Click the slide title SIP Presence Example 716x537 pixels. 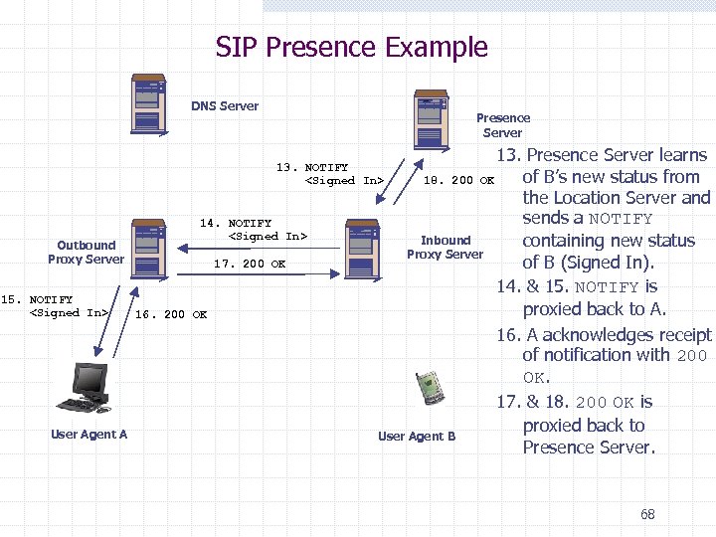pyautogui.click(x=352, y=47)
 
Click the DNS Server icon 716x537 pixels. pyautogui.click(x=148, y=103)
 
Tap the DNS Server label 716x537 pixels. pyautogui.click(x=225, y=106)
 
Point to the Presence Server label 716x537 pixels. pyautogui.click(x=502, y=125)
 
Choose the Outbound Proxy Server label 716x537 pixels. pyautogui.click(x=86, y=252)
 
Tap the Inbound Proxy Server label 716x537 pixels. pyautogui.click(x=445, y=247)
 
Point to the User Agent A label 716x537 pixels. pyautogui.click(x=89, y=435)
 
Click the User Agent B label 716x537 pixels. pyautogui.click(x=417, y=436)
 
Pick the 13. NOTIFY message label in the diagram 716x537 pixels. pyautogui.click(x=330, y=174)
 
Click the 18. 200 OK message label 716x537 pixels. pyautogui.click(x=459, y=180)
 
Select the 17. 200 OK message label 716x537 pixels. pyautogui.click(x=250, y=264)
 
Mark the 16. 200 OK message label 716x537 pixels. pyautogui.click(x=171, y=314)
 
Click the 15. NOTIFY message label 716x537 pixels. pyautogui.click(x=55, y=306)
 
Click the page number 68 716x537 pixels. pyautogui.click(x=647, y=514)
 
